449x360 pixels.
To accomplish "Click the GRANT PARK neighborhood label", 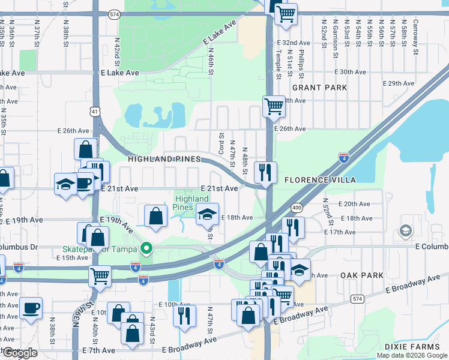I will [319, 88].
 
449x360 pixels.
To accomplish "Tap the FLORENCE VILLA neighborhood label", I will [320, 180].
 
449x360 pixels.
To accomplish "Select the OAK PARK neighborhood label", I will [361, 275].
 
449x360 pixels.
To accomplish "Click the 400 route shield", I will [296, 207].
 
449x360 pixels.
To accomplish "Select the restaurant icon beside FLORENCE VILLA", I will [265, 172].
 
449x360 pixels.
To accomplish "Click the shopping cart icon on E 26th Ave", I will [274, 106].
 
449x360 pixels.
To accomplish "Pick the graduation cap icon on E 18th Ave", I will [206, 214].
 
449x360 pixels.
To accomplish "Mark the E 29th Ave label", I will [402, 83].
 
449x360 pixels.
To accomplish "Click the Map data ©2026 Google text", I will [412, 355].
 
